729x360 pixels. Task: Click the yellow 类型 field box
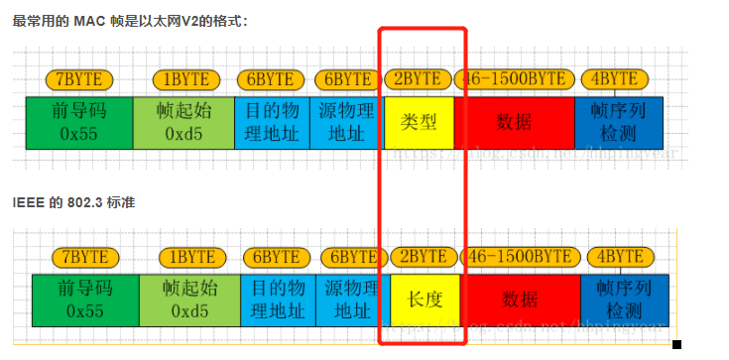point(419,122)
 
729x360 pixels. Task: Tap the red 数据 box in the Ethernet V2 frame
point(514,122)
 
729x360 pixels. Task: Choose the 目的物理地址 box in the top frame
point(272,122)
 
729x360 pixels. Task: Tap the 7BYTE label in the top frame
point(79,79)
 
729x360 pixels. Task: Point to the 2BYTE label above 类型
point(418,79)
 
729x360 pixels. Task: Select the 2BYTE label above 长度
point(424,257)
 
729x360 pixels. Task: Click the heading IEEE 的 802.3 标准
point(73,202)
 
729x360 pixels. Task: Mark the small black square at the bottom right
point(677,345)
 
